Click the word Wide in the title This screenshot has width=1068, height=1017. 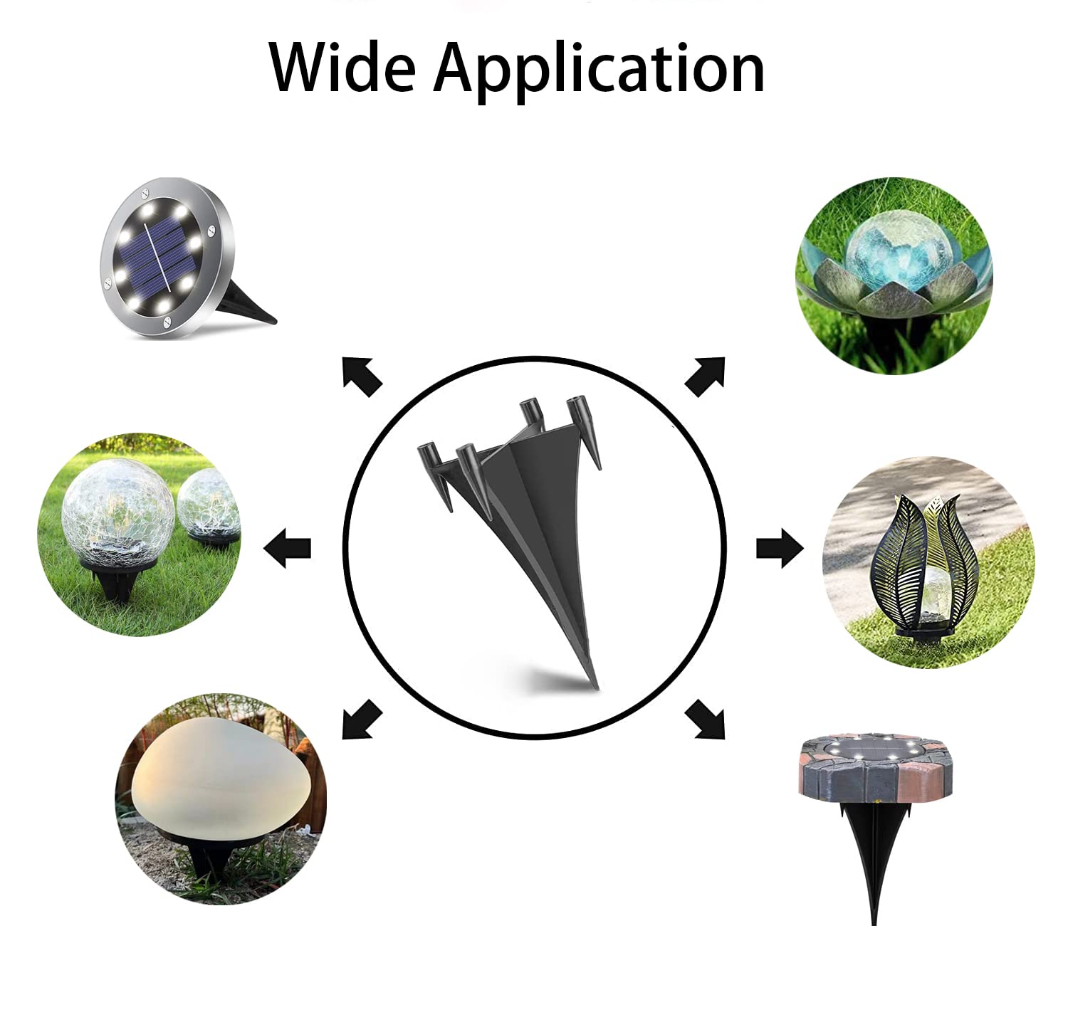[342, 68]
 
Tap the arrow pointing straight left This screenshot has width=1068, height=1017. [287, 548]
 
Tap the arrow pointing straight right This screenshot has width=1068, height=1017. [780, 548]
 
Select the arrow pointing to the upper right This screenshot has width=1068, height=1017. [705, 376]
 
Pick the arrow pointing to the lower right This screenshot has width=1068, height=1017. [705, 719]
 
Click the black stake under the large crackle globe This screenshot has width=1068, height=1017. [116, 580]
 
